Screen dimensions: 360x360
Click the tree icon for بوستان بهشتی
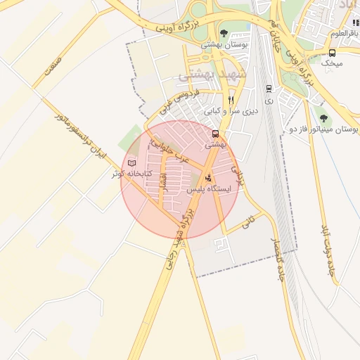click(224, 33)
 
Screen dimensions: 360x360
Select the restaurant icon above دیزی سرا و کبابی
click(230, 100)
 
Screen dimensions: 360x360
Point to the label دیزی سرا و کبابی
click(231, 111)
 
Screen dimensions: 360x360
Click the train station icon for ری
click(269, 89)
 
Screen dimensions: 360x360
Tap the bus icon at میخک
click(332, 53)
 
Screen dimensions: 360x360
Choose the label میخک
click(332, 63)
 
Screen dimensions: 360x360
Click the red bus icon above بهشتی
click(215, 134)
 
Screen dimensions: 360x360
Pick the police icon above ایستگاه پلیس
click(208, 179)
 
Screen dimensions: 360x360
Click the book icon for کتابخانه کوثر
click(131, 163)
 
